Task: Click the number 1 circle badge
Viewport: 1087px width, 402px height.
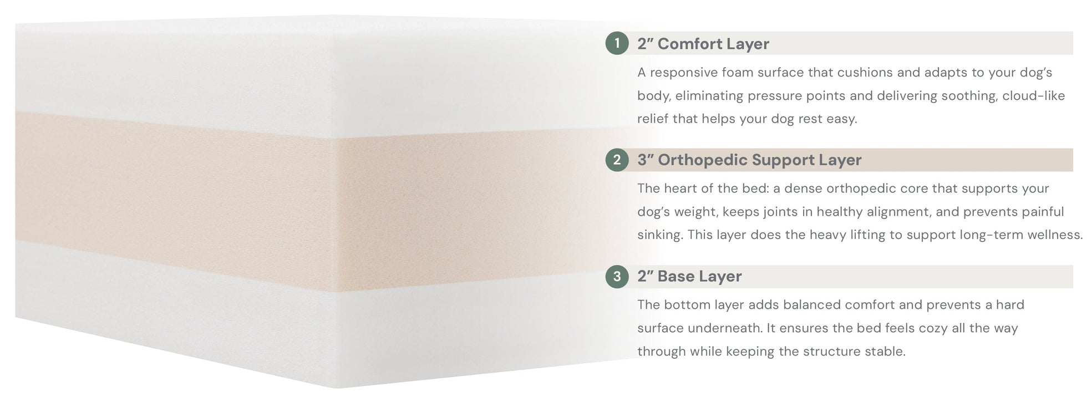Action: [617, 43]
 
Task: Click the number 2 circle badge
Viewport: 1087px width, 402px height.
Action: [617, 160]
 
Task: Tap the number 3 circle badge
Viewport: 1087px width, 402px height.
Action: [617, 276]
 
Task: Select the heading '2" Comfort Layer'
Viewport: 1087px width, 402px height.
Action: [703, 44]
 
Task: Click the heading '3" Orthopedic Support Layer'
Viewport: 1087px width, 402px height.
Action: [749, 160]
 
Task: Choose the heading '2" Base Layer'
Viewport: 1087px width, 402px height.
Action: [689, 276]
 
